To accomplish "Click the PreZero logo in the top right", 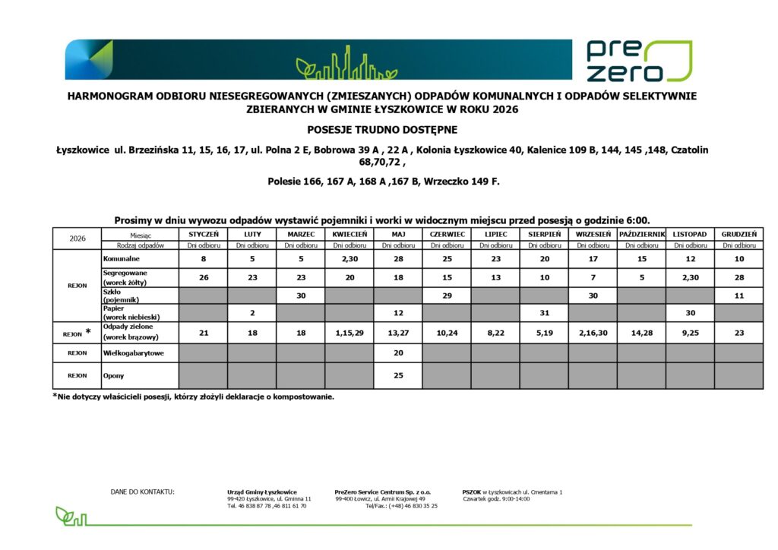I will pyautogui.click(x=638, y=61).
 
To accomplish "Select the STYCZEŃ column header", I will pyautogui.click(x=203, y=235).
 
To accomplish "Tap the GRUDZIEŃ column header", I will pyautogui.click(x=738, y=235).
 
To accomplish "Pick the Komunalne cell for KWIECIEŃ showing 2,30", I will pyautogui.click(x=349, y=259).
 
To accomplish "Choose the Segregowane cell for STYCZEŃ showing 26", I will pyautogui.click(x=203, y=277).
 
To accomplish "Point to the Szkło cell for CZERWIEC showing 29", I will pyautogui.click(x=447, y=296).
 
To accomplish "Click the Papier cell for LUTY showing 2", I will pyautogui.click(x=251, y=313).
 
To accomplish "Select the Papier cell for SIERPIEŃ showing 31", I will pyautogui.click(x=544, y=313).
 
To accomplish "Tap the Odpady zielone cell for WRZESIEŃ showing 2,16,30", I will pyautogui.click(x=593, y=332).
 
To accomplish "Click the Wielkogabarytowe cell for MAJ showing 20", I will pyautogui.click(x=398, y=352).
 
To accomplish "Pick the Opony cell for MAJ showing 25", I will pyautogui.click(x=398, y=376).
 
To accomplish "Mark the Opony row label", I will pyautogui.click(x=113, y=376).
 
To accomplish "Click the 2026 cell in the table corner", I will pyautogui.click(x=77, y=238).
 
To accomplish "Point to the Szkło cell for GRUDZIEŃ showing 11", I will pyautogui.click(x=738, y=296).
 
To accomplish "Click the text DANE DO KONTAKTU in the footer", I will pyautogui.click(x=143, y=492).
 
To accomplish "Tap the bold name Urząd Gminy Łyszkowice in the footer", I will pyautogui.click(x=262, y=492).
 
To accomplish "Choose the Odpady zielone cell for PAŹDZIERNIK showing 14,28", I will pyautogui.click(x=641, y=332).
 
